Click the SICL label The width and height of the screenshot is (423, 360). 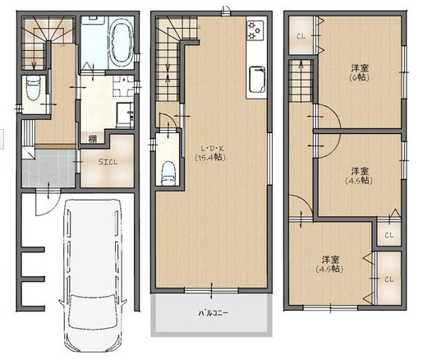[x=108, y=161]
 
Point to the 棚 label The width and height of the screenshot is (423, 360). [x=85, y=140]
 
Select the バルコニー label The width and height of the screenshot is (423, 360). [x=212, y=313]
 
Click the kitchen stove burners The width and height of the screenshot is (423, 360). [x=254, y=31]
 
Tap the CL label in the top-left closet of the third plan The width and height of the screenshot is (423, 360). [x=301, y=36]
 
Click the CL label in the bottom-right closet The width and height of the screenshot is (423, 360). [x=388, y=279]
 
